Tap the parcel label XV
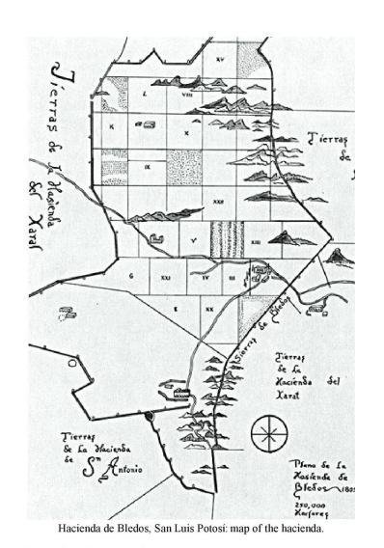pos(221,59)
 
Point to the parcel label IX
pos(147,166)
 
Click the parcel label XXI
pos(165,277)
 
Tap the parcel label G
pos(129,276)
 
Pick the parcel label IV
pos(206,277)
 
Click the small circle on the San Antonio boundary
pos(150,417)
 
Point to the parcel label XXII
pos(218,202)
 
